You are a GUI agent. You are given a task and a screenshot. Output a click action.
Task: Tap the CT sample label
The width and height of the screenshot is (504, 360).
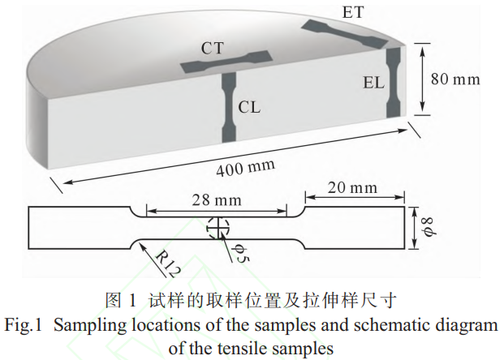pos(214,48)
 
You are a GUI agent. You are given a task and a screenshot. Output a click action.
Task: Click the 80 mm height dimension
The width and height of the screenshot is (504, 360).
pos(454,79)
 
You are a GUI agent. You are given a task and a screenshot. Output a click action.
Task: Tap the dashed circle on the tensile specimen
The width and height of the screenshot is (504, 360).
pos(217,228)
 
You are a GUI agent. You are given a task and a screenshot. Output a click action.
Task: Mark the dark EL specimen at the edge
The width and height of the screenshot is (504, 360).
pos(394,81)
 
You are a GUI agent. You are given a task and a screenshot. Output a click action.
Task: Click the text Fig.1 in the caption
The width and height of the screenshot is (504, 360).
pos(24,325)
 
